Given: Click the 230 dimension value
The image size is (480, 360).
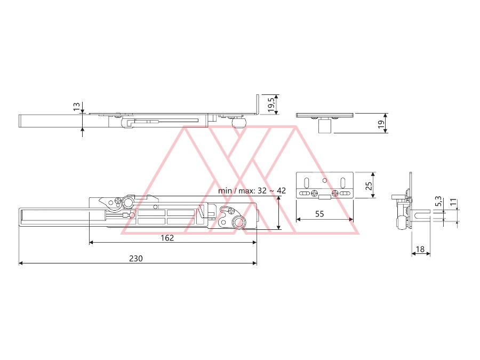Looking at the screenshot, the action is pos(136,259).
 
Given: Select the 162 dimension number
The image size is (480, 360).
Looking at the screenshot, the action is pos(167,238).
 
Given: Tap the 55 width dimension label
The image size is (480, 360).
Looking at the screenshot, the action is pos(319,214).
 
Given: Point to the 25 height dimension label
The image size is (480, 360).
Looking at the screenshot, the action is pos(369,186).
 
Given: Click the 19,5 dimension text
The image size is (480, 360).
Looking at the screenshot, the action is pos(271,105).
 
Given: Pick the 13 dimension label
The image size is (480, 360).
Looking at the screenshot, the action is pos(76,107).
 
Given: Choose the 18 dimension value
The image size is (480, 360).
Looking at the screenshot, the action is pos(420,249).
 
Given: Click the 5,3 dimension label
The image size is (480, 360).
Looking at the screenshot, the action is pos(438,201).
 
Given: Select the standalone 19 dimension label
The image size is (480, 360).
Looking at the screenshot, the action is pos(381,124).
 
